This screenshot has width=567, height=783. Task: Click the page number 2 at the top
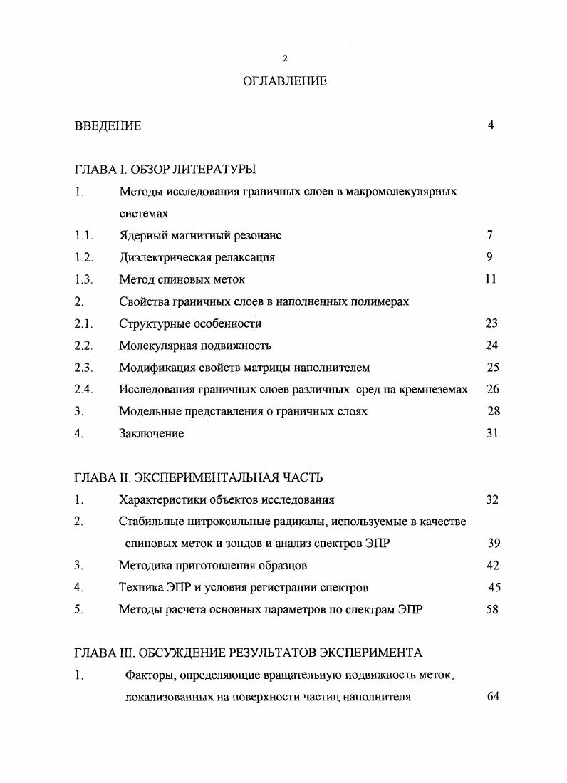(x=284, y=58)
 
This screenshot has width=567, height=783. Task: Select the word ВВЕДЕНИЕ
(x=108, y=126)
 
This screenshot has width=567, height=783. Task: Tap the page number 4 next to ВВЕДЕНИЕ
(x=491, y=125)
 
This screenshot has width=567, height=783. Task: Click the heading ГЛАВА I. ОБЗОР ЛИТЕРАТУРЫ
(x=165, y=170)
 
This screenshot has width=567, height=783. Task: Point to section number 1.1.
(x=83, y=235)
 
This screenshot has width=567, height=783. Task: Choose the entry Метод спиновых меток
(x=182, y=279)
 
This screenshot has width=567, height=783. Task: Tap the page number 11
(x=491, y=279)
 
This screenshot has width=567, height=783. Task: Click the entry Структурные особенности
(x=190, y=323)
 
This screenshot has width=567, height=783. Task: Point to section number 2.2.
(x=83, y=346)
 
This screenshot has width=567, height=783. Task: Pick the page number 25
(x=492, y=368)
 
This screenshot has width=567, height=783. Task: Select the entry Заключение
(x=151, y=434)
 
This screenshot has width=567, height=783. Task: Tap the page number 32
(x=492, y=499)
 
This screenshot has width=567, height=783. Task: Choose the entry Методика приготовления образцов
(x=212, y=566)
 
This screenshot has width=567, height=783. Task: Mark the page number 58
(x=492, y=610)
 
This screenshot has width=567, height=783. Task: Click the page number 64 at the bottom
(x=492, y=697)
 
